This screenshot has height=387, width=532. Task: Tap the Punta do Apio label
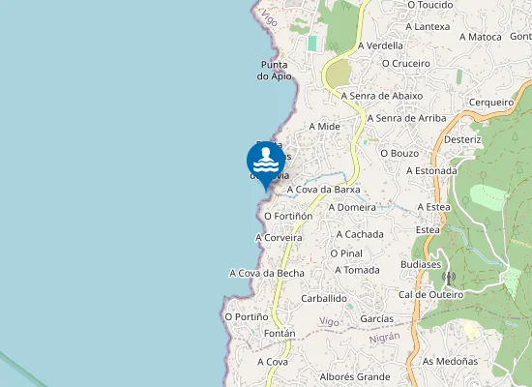[275, 71]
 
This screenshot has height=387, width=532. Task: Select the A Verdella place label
[380, 45]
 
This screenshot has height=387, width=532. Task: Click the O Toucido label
[430, 5]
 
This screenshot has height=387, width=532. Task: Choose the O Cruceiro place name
[405, 63]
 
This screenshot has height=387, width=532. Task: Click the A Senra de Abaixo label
[381, 96]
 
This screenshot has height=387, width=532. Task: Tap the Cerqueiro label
[490, 102]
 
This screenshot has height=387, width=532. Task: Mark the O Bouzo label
[399, 153]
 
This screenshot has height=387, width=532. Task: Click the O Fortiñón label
[287, 216]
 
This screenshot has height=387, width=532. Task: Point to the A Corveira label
[279, 237]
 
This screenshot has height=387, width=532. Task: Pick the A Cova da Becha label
[266, 273]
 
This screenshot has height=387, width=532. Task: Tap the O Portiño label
[246, 316]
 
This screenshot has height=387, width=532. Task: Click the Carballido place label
[323, 299]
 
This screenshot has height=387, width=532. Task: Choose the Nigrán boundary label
[384, 337]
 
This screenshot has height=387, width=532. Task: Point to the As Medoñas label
[450, 361]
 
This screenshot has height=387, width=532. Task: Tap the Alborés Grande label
[354, 376]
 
